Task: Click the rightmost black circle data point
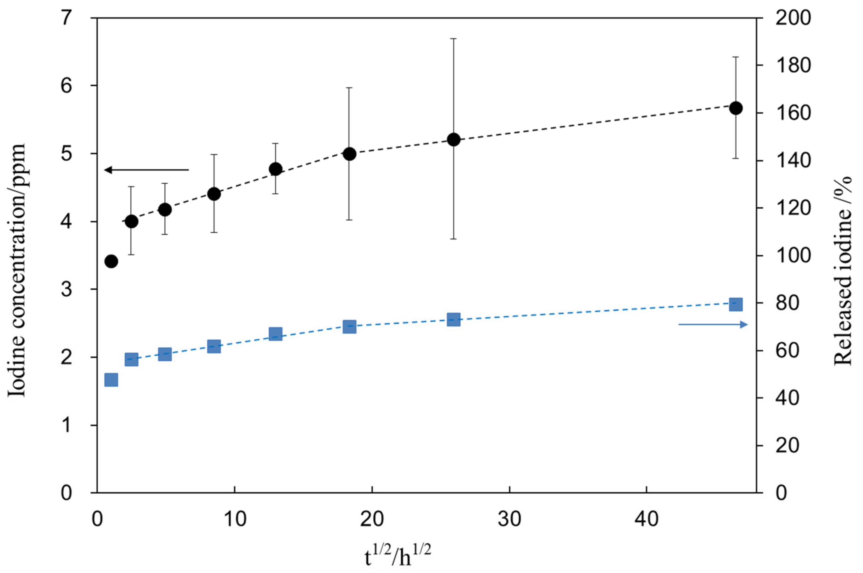tap(735, 108)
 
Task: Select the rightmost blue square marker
tap(735, 304)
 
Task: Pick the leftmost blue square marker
tap(111, 380)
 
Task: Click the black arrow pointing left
tap(146, 169)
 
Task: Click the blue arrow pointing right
tap(713, 324)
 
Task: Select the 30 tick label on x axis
tap(509, 519)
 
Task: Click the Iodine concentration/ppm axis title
tap(17, 271)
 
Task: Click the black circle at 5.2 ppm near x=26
tap(453, 139)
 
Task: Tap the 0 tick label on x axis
tap(97, 519)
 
